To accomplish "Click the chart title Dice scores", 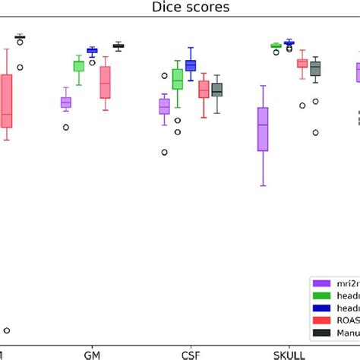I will click(x=179, y=10).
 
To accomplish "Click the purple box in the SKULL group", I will click(x=263, y=128).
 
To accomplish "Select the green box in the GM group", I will click(x=78, y=66).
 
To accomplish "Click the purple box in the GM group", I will click(x=66, y=103).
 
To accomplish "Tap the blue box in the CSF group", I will click(x=191, y=66).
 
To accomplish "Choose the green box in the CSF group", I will click(x=178, y=79).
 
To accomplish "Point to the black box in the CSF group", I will click(x=217, y=90).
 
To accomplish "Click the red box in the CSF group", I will click(x=204, y=90).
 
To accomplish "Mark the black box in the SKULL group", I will click(x=315, y=69).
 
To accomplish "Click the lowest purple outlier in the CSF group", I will click(x=164, y=152).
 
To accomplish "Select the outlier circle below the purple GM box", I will click(x=66, y=128).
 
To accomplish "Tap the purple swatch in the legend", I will click(x=321, y=283).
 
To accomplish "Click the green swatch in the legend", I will click(x=321, y=295).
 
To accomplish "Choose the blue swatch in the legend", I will click(x=321, y=308).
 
